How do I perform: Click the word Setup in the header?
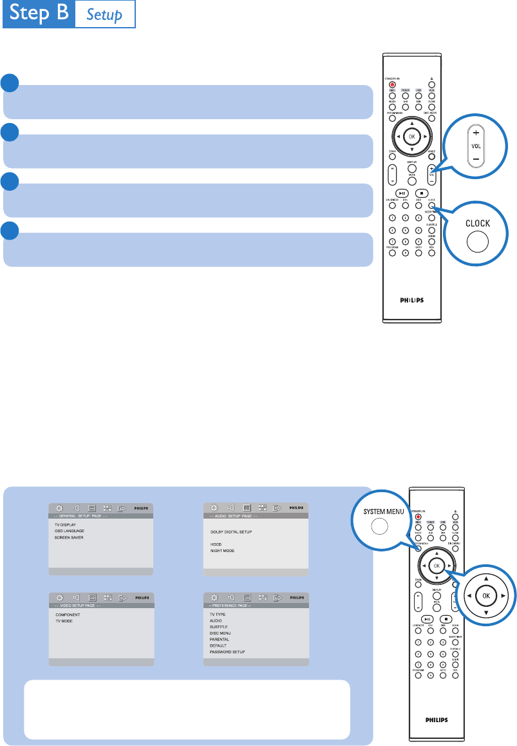[x=105, y=15]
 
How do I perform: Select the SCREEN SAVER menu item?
[x=70, y=537]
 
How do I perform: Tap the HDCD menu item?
[x=216, y=544]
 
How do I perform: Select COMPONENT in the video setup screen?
[x=68, y=615]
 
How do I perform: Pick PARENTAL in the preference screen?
[x=220, y=639]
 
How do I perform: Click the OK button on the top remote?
[x=412, y=137]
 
